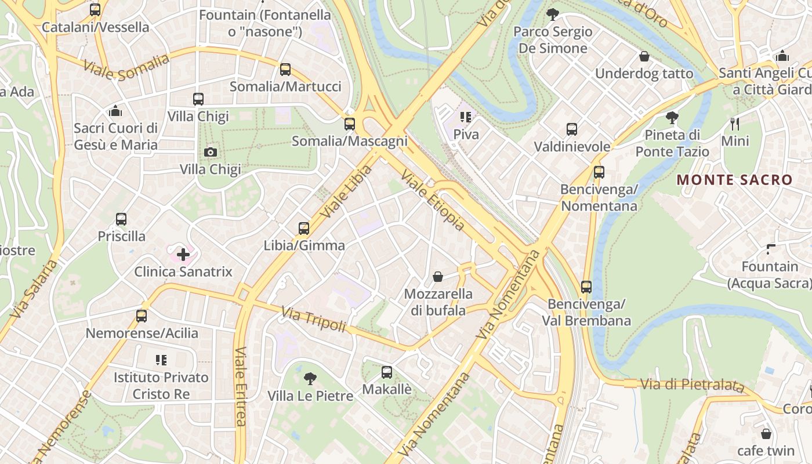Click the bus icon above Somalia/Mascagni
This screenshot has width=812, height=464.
[x=349, y=124]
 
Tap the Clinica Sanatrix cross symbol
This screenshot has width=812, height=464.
[x=183, y=254]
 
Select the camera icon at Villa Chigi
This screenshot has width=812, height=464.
[x=211, y=152]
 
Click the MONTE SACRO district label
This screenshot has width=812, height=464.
[x=734, y=180]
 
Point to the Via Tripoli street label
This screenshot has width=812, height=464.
[x=314, y=320]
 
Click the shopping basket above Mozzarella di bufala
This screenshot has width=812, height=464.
[x=438, y=277]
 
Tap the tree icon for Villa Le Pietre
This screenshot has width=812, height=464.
[x=310, y=379]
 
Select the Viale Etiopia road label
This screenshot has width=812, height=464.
[x=433, y=201]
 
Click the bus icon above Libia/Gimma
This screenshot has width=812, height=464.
[x=304, y=228]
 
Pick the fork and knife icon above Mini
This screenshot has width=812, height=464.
[x=734, y=124]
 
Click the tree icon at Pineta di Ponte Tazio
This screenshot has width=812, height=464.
[x=672, y=118]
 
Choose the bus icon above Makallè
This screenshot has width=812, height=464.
[x=387, y=372]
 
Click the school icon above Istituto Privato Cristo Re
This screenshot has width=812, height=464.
[x=161, y=360]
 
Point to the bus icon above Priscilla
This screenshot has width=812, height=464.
[x=121, y=219]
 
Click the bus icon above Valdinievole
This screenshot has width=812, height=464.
[x=572, y=129]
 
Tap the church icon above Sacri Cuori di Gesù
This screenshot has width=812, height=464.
[x=115, y=110]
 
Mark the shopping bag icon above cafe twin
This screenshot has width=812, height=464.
[x=766, y=433]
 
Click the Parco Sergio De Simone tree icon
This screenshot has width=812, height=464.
[x=553, y=14]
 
